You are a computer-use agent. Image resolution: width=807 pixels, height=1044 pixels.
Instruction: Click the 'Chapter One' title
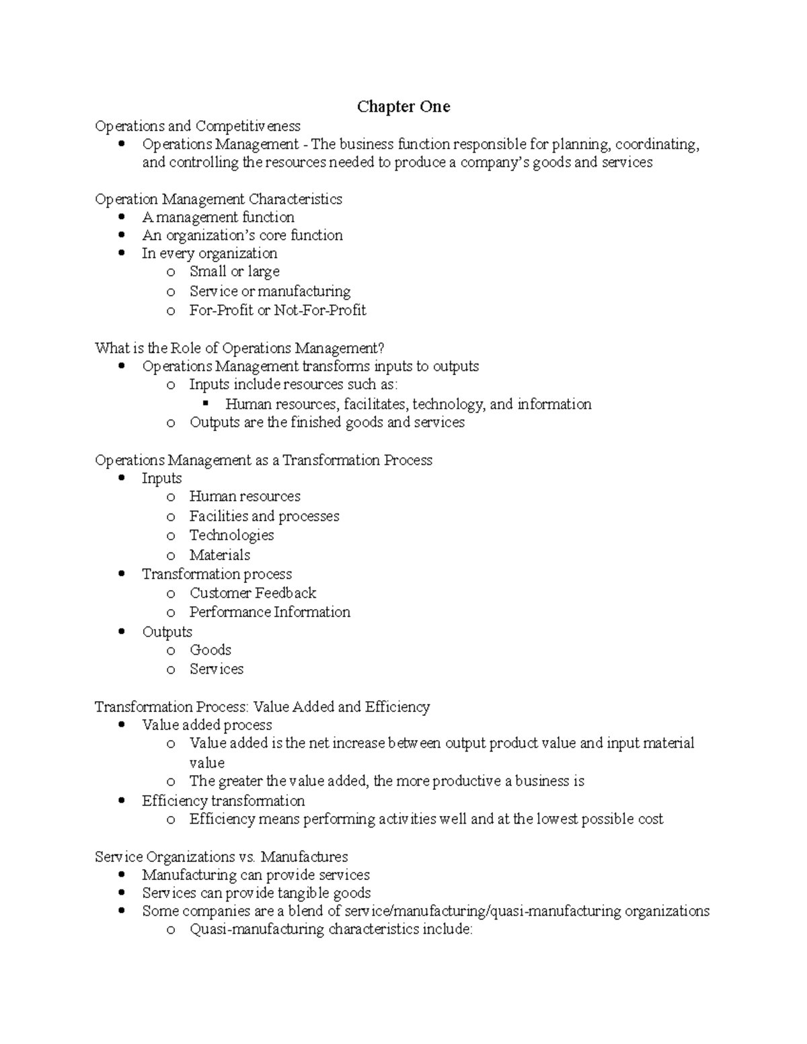(x=403, y=107)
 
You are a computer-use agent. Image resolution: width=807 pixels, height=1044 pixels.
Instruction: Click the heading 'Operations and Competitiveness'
(x=198, y=126)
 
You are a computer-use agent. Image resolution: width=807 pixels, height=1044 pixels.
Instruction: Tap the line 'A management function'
(x=218, y=217)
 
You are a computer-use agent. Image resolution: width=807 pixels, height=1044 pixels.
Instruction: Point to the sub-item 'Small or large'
(x=234, y=272)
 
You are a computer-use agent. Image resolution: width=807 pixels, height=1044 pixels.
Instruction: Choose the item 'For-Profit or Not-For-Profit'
(x=278, y=310)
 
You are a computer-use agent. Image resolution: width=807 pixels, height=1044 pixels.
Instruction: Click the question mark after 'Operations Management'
(x=381, y=348)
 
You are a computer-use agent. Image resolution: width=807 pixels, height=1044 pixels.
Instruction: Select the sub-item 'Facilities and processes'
(x=264, y=516)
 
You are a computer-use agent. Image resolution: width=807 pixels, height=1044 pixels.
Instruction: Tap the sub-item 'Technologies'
(x=231, y=535)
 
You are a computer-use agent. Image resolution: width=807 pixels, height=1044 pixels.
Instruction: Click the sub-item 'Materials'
(x=219, y=555)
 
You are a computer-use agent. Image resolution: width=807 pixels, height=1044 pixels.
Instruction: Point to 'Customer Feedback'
(x=253, y=593)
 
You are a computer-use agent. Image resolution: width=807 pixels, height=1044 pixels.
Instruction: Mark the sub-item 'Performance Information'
(x=270, y=612)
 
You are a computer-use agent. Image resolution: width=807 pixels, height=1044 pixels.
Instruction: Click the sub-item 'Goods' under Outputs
(x=210, y=650)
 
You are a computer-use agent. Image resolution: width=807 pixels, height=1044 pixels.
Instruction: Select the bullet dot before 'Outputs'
(x=121, y=632)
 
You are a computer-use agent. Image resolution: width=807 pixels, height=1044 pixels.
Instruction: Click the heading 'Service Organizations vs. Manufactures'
(x=221, y=857)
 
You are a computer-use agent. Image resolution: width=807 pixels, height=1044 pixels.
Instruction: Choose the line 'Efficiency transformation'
(x=223, y=801)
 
